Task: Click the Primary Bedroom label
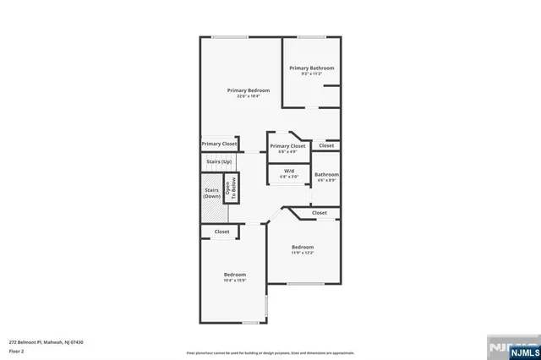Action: pos(248,90)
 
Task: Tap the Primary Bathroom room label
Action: pos(311,68)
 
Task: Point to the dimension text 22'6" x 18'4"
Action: pos(248,95)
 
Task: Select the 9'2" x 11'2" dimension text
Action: pos(311,74)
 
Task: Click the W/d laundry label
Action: pos(289,171)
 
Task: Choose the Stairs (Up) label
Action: pos(219,161)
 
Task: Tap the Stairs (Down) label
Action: pos(212,194)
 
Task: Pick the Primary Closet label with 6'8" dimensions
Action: pos(287,146)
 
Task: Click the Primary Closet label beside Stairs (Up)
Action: pos(219,144)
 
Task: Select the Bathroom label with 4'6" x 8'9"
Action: pos(327,174)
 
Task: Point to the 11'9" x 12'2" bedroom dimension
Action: pos(303,252)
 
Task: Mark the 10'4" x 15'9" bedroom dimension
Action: pos(234,280)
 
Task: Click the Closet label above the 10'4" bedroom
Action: pos(221,232)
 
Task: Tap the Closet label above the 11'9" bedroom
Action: pos(320,213)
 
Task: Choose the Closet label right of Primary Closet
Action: pos(326,145)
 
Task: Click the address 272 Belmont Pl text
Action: pos(46,342)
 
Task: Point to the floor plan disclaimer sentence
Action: pos(270,352)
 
